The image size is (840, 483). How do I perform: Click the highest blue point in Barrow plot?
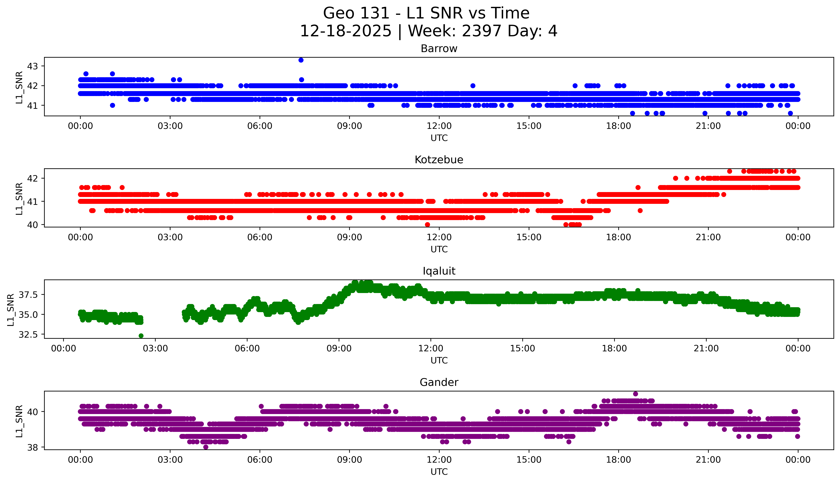coord(301,60)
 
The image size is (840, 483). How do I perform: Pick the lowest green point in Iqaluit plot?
coord(141,336)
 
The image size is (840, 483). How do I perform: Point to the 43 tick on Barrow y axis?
coord(32,66)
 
